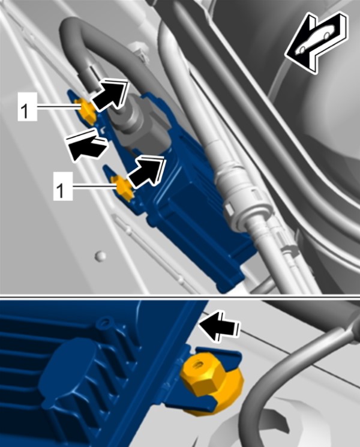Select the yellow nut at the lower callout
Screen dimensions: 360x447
[124, 188]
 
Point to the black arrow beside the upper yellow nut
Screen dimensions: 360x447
[109, 94]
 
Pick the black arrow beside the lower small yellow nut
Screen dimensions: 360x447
[146, 172]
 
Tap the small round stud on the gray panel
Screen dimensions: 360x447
[100, 256]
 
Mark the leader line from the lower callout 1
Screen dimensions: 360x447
[94, 187]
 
